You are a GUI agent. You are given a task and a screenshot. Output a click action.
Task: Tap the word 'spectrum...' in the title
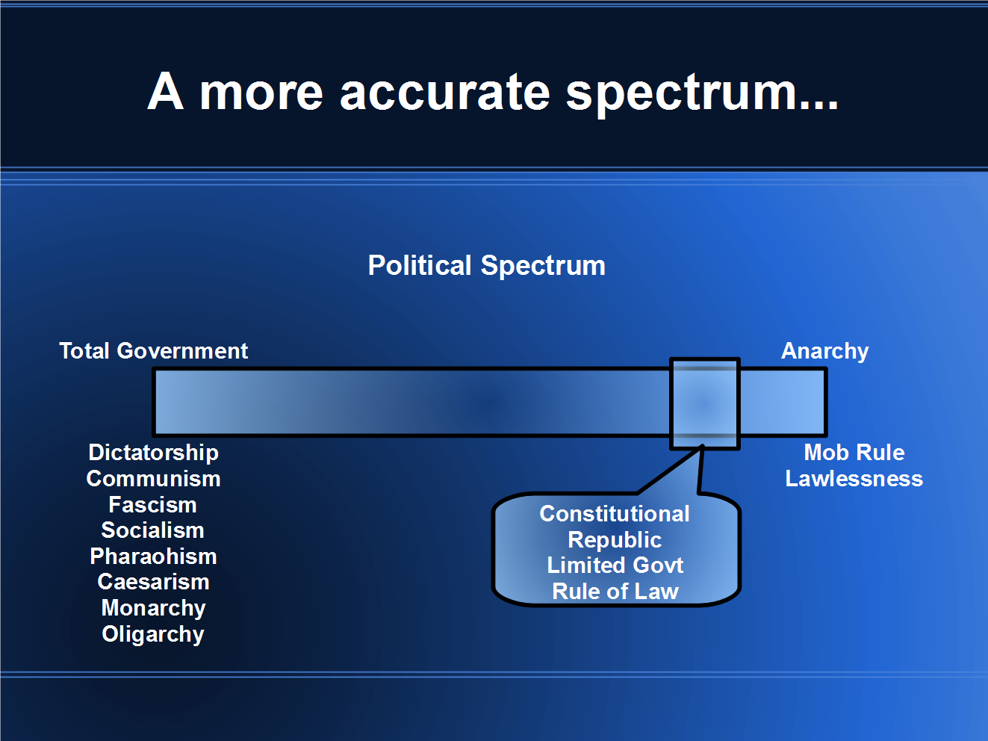pos(702,93)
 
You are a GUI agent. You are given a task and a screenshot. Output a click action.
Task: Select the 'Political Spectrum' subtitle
pos(487,266)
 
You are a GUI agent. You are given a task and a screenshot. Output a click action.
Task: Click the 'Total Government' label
pos(153,351)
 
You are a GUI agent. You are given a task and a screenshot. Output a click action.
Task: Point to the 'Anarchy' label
pos(824,351)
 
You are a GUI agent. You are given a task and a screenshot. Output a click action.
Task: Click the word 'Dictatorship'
pos(153,453)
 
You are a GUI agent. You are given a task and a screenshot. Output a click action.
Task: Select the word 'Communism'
pos(153,479)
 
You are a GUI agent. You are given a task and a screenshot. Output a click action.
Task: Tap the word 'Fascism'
pos(152,505)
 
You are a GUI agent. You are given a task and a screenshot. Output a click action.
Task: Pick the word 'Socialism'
pos(152,530)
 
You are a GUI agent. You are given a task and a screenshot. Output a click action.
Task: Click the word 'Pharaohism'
pos(153,556)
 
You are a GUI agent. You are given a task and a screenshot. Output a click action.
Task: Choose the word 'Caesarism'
pos(153,582)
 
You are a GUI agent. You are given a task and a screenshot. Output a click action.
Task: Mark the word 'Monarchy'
pos(153,608)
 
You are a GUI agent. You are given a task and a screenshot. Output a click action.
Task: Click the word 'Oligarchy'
pos(153,634)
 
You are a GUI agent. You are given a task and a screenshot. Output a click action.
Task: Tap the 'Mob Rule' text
pos(854,453)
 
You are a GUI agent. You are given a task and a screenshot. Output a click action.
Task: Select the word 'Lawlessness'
pos(854,479)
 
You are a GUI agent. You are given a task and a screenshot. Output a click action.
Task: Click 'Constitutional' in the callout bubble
pos(615,514)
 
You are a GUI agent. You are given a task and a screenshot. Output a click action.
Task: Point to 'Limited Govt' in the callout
pos(615,565)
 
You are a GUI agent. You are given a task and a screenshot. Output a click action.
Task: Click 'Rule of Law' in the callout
pos(615,592)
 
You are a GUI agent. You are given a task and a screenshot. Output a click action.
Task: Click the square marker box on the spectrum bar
pos(704,403)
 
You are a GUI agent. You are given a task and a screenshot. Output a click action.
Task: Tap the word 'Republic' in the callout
pos(615,540)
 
